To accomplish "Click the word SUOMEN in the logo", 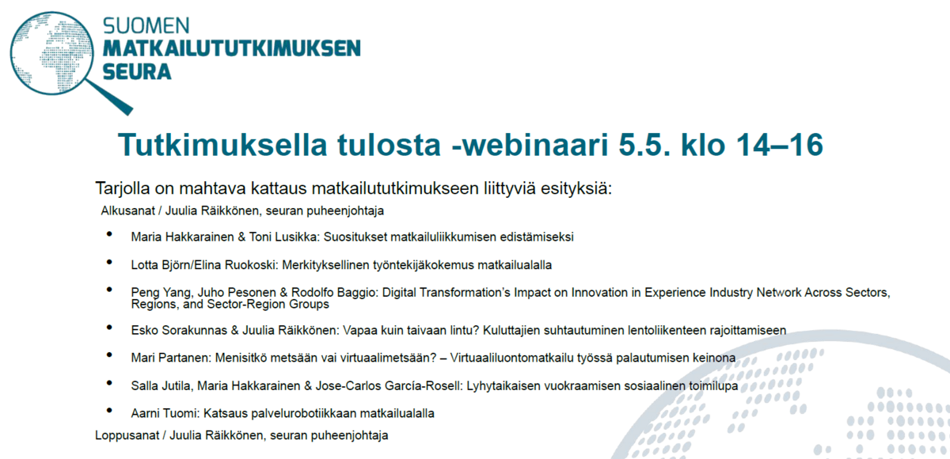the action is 146,26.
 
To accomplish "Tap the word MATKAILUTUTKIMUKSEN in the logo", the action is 231,48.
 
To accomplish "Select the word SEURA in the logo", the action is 136,72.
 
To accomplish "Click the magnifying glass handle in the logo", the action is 109,97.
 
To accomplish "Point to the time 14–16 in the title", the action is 780,145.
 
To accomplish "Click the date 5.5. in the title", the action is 644,145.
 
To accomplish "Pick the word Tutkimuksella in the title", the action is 222,145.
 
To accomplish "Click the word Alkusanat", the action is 127,211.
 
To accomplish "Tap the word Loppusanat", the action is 127,435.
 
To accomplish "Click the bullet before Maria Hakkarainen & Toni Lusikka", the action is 109,234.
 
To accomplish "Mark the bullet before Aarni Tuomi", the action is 109,410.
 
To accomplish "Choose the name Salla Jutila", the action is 162,385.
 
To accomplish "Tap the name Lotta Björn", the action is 161,265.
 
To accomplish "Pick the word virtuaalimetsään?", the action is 389,358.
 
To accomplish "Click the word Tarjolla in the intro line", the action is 123,188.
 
